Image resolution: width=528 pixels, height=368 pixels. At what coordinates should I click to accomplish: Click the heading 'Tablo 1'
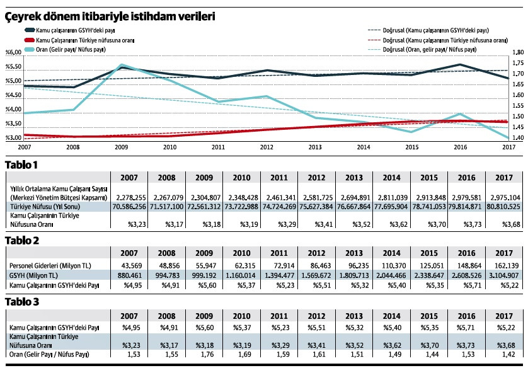coord(22,165)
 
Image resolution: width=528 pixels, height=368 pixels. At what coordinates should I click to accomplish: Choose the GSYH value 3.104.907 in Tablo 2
coord(502,275)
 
